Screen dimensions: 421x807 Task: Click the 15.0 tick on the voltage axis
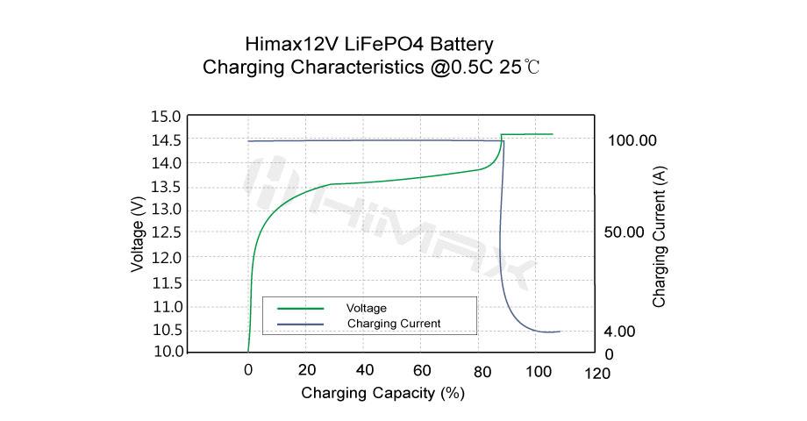168,117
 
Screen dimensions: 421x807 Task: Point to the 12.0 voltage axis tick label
168,259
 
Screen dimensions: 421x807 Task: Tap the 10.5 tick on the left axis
168,331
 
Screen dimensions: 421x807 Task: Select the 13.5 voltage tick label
168,187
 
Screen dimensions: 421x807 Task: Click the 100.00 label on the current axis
632,141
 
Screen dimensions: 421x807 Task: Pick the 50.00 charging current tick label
625,232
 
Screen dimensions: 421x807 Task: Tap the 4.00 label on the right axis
620,332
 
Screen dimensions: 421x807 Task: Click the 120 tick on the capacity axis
597,375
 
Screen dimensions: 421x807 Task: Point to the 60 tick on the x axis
423,370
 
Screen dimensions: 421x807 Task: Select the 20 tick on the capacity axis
307,370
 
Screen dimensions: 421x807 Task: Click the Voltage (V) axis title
138,234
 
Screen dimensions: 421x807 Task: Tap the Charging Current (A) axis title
660,237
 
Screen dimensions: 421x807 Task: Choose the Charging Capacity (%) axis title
382,393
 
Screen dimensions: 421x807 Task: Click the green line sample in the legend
301,309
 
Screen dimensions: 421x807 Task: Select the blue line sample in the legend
301,325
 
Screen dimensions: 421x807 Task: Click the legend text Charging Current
394,325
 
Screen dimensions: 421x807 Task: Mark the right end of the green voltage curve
553,134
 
